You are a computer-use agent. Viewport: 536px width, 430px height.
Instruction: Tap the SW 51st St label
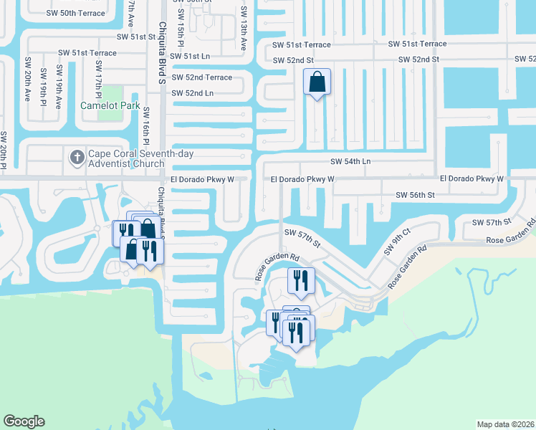[x=138, y=37]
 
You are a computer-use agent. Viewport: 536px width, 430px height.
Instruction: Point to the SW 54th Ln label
[x=350, y=162]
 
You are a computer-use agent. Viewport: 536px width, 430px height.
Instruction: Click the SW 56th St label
[x=416, y=195]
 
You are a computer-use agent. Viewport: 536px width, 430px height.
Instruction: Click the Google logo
[x=24, y=421]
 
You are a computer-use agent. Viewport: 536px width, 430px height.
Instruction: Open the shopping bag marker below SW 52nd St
[x=317, y=83]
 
